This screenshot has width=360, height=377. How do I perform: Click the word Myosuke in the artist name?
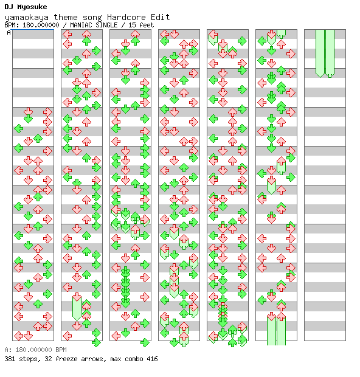[x=32, y=7]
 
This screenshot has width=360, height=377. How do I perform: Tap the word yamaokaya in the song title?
[x=27, y=18]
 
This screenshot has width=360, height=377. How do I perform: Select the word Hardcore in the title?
[x=126, y=17]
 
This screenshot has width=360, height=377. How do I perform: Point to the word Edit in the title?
[x=160, y=17]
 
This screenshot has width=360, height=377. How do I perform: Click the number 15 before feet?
[x=132, y=25]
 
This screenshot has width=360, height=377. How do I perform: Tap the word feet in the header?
[x=147, y=25]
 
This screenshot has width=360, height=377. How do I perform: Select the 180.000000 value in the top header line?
[x=41, y=25]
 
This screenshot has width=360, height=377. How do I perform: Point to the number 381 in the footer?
[x=10, y=359]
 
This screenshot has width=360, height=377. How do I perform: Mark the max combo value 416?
[x=152, y=359]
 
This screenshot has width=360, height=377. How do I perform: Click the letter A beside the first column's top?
[x=9, y=32]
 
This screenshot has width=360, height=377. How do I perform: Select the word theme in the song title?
[x=66, y=17]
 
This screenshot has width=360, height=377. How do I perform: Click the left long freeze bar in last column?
[x=320, y=54]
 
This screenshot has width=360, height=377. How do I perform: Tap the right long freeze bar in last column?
[x=330, y=54]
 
